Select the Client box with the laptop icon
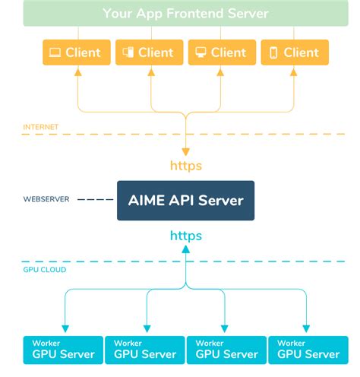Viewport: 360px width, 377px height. click(x=75, y=52)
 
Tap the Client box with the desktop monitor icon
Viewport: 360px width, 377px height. click(x=221, y=52)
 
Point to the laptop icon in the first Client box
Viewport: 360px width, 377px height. click(x=55, y=52)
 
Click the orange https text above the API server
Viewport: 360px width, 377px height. click(x=185, y=165)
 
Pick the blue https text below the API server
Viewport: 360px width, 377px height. click(x=185, y=236)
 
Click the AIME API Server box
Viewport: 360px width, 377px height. click(x=185, y=201)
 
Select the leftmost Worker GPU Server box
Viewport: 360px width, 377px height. click(x=62, y=349)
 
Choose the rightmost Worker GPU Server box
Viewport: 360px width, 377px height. click(x=308, y=349)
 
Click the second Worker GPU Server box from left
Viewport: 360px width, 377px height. click(x=144, y=349)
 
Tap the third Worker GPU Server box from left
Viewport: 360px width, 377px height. click(x=226, y=349)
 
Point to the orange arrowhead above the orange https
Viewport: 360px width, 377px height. click(x=185, y=151)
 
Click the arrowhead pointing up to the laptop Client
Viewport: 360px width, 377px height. click(x=77, y=72)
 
